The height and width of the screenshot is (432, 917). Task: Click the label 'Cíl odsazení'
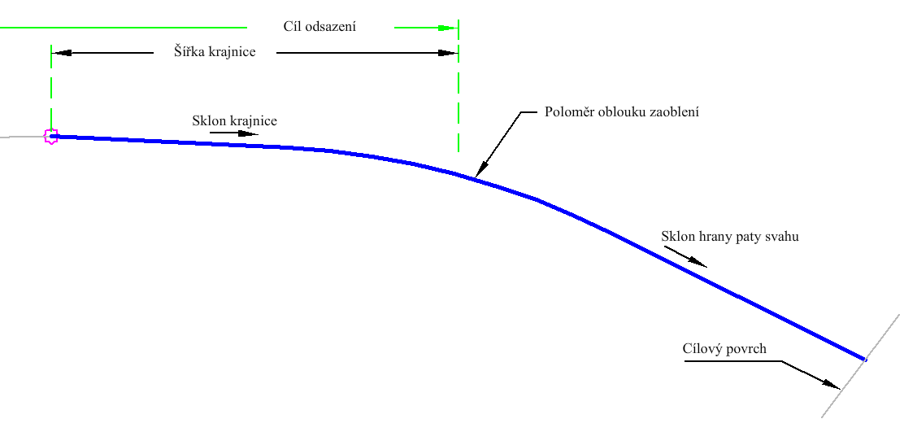[x=319, y=26]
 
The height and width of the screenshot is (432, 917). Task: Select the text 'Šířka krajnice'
[x=215, y=51]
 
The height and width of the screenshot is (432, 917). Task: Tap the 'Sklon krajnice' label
[x=234, y=120]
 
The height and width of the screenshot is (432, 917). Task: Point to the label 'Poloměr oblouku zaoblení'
[x=622, y=111]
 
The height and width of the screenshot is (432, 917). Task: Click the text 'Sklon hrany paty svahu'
[x=730, y=237]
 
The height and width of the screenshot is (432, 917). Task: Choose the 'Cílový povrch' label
[x=724, y=348]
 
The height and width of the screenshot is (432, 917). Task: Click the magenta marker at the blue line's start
[x=51, y=137]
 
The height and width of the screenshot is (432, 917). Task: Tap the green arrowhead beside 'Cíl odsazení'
[x=447, y=28]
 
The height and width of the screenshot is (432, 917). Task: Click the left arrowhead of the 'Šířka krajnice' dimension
[x=62, y=53]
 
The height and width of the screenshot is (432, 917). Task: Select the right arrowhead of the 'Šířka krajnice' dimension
[x=447, y=53]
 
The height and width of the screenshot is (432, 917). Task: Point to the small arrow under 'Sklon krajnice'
[x=234, y=133]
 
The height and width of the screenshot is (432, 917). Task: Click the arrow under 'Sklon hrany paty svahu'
[x=685, y=255]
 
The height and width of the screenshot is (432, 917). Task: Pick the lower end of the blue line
[x=865, y=359]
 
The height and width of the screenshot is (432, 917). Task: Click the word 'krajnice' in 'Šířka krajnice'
[x=232, y=52]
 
